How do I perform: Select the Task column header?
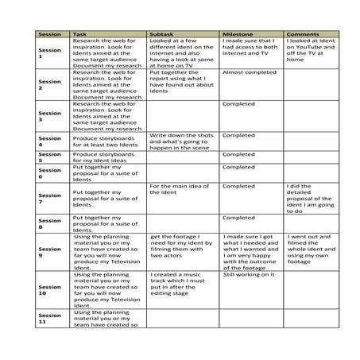(80, 36)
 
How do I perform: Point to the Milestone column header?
(238, 36)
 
